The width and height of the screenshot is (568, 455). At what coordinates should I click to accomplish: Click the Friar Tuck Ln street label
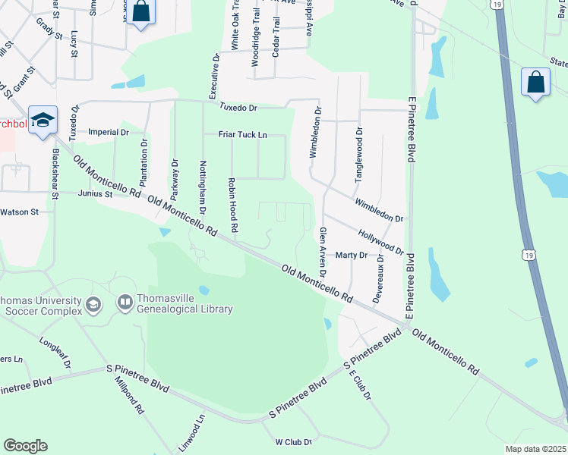point(243,134)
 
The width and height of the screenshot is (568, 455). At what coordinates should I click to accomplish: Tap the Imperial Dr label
point(109,131)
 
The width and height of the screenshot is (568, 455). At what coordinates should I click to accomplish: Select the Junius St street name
point(93,194)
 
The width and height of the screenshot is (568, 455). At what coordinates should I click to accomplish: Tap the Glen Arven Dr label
point(323,252)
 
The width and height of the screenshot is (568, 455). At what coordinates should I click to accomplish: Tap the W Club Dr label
point(294,441)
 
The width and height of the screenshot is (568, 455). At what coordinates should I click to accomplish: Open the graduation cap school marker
point(43,120)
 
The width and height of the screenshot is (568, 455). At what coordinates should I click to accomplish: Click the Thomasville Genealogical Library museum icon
point(125,303)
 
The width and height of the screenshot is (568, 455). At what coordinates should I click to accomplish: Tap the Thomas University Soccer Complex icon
point(93,305)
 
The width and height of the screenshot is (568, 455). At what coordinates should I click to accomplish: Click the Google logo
point(25,446)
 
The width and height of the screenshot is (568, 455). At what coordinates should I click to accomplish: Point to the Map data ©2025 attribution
point(536,449)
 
